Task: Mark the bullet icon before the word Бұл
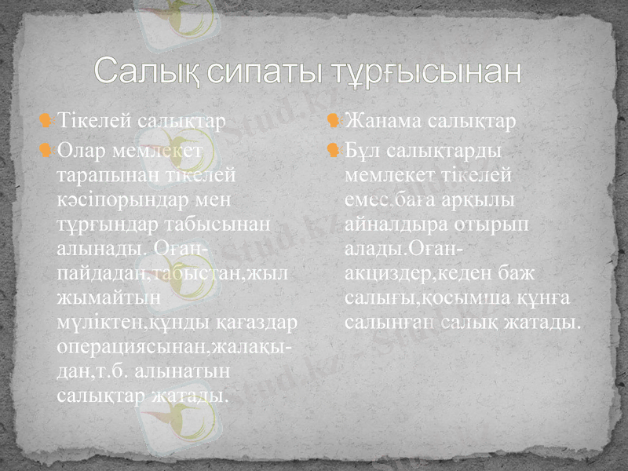click(x=334, y=148)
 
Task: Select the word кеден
click(x=474, y=274)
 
